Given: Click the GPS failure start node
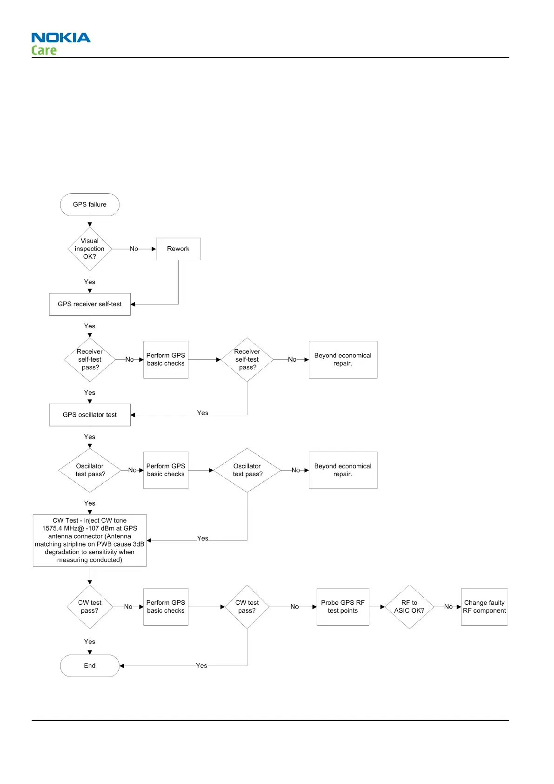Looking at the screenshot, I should pos(90,204).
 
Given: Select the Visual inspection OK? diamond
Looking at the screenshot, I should pos(90,249).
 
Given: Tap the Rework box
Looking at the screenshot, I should pos(178,249).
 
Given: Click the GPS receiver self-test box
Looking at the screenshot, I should pos(90,304).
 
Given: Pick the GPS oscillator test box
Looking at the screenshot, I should pos(90,415).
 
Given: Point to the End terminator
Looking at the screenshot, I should pos(90,666).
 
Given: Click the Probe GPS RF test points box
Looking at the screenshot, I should pos(343,607).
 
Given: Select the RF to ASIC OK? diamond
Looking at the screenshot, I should pos(409,607).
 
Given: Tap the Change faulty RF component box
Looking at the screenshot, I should pos(484,607).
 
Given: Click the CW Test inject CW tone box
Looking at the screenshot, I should pos(90,540).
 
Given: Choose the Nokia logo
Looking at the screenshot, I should pos(61,38).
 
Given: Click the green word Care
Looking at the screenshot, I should pos(44,50).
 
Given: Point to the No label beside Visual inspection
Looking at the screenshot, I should pos(134,249).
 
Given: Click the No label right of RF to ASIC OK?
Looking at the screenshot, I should pos(448,607).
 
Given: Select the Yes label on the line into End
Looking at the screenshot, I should pos(201,666).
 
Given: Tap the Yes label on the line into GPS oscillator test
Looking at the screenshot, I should pos(203,413).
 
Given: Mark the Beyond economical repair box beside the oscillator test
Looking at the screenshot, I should pos(343,470).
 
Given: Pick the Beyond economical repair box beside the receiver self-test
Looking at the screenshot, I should pos(343,359).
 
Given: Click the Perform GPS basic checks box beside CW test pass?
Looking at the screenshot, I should pos(166,607).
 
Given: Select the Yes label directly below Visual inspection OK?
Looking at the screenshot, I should pos(90,282).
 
